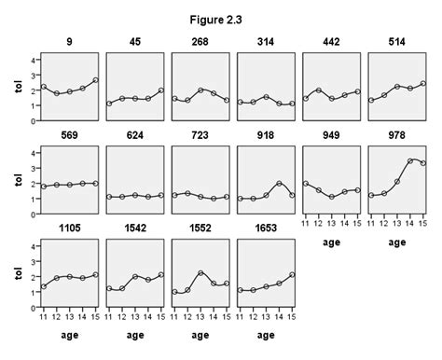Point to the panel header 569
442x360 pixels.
coord(70,135)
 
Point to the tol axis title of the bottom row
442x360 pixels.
coord(13,275)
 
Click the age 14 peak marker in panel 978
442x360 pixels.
coord(411,160)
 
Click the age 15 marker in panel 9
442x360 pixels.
coord(95,80)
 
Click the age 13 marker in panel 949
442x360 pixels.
coord(332,197)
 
